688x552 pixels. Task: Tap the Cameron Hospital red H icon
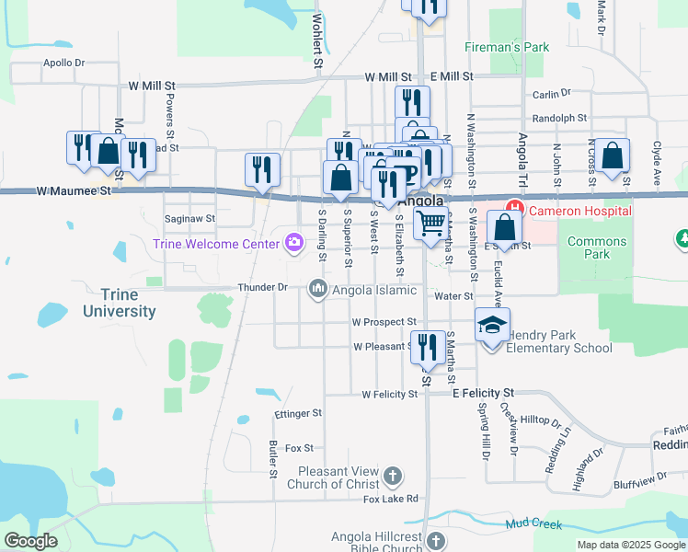[x=513, y=211]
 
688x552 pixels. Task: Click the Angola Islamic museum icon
[x=318, y=289]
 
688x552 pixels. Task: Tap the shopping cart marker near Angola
[x=430, y=222]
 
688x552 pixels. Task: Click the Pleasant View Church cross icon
[x=393, y=476]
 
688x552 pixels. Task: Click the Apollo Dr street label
[x=63, y=63]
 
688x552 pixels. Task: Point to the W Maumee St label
[x=74, y=191]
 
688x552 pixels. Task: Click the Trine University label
[x=120, y=303]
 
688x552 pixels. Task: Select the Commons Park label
[x=598, y=247]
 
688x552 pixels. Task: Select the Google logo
[x=30, y=541]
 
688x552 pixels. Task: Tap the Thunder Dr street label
[x=263, y=287]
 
